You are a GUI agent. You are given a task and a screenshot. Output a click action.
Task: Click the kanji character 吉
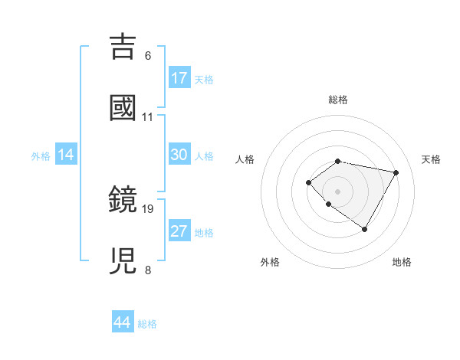click(123, 47)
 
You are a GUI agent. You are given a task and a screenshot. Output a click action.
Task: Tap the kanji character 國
click(123, 108)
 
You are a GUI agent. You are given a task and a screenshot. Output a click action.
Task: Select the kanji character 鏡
click(123, 200)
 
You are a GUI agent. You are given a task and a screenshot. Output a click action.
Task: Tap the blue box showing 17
click(179, 78)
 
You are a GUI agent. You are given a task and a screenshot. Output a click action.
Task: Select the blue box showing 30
click(179, 155)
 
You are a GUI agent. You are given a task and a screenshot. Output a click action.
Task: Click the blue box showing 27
click(179, 231)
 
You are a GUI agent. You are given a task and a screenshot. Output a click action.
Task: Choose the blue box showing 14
click(66, 155)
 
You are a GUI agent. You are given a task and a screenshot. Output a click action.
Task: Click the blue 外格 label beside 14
click(41, 155)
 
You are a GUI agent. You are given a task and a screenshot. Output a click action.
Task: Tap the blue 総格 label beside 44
click(147, 324)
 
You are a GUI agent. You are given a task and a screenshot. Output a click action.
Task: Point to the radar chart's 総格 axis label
click(338, 100)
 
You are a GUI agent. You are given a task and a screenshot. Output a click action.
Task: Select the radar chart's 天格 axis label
click(432, 159)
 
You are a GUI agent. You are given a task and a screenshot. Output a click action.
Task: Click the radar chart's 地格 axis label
click(402, 262)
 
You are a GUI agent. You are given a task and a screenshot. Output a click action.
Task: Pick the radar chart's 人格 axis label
click(245, 159)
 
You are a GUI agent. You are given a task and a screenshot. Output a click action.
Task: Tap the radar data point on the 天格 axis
click(396, 172)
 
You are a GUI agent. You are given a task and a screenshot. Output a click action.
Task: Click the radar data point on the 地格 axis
click(365, 229)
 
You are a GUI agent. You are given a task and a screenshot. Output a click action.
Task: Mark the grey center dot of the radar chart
click(338, 191)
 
